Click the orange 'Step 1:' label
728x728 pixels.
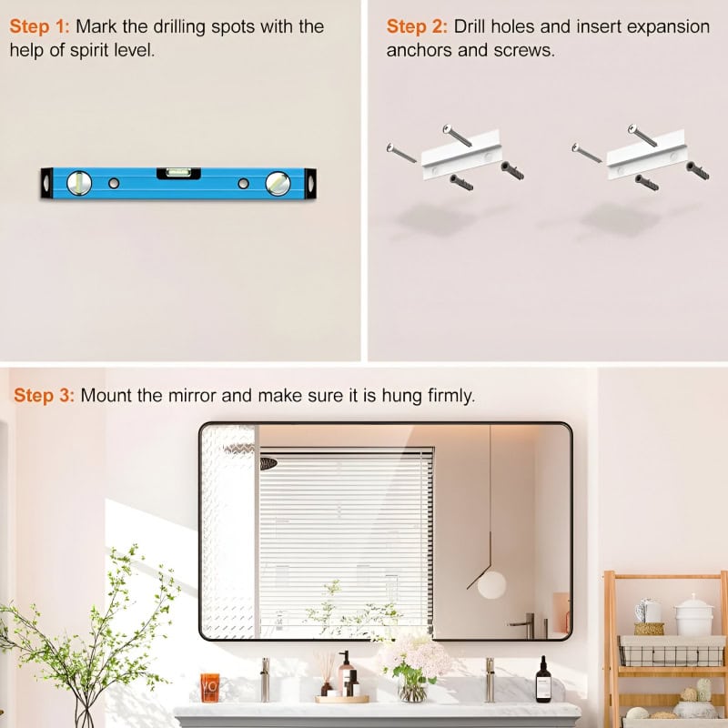pyautogui.click(x=39, y=26)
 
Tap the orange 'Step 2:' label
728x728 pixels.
pyautogui.click(x=417, y=26)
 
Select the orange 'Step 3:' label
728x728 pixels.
pyautogui.click(x=44, y=395)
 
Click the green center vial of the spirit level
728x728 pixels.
pyautogui.click(x=178, y=173)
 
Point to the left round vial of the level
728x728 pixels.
pyautogui.click(x=79, y=183)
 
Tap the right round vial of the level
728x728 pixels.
pyautogui.click(x=278, y=184)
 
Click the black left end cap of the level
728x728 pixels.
pyautogui.click(x=46, y=183)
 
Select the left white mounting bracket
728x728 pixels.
pyautogui.click(x=462, y=154)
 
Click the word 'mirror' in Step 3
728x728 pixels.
pyautogui.click(x=192, y=396)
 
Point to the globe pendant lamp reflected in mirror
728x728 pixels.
pyautogui.click(x=491, y=584)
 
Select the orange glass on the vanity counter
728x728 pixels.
pyautogui.click(x=210, y=688)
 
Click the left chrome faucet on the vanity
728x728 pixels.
pyautogui.click(x=265, y=679)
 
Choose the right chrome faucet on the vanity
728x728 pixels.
pyautogui.click(x=490, y=679)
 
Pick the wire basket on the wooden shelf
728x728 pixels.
pyautogui.click(x=672, y=651)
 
